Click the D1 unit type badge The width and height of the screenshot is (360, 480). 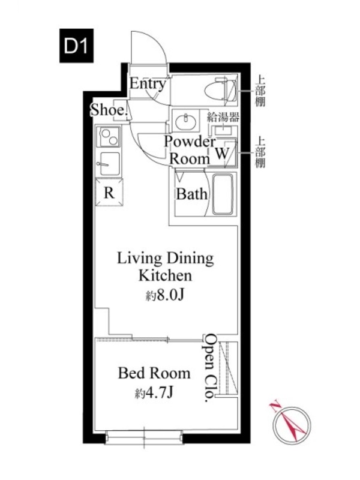[76, 46]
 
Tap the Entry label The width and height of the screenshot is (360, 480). [148, 83]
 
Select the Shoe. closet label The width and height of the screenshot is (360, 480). [109, 110]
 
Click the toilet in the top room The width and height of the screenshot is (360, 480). [220, 89]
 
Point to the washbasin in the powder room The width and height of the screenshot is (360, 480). [186, 121]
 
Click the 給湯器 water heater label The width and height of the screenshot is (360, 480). [223, 116]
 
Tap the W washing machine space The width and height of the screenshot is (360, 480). [222, 153]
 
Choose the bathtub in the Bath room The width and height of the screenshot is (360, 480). [223, 194]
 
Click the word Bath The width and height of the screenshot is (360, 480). [191, 194]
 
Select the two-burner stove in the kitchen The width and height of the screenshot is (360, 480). [109, 137]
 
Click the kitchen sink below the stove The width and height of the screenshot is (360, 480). [109, 163]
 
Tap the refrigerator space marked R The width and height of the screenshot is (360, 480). [109, 193]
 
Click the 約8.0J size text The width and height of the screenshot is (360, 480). [164, 295]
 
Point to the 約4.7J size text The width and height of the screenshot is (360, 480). [154, 392]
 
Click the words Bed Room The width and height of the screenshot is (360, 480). [154, 373]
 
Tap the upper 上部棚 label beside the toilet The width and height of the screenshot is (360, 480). [260, 91]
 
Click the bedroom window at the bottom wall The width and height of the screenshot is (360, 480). [144, 437]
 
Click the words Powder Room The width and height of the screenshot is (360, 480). [190, 150]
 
